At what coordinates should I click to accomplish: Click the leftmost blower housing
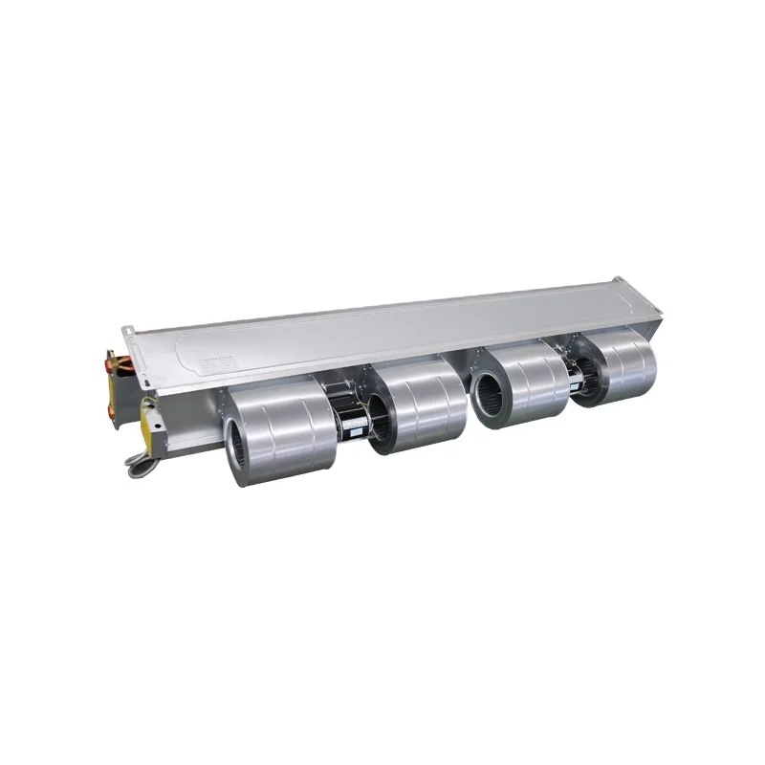(x=282, y=430)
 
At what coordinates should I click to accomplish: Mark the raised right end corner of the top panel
(x=649, y=292)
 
